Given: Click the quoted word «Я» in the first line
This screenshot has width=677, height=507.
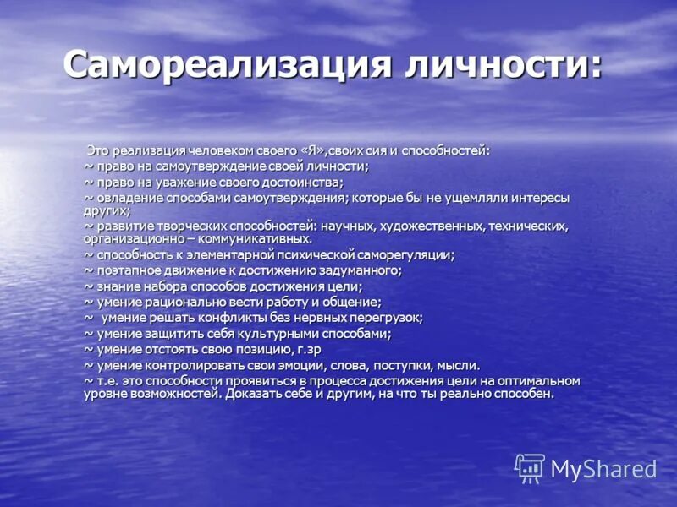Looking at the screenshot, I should (312, 150).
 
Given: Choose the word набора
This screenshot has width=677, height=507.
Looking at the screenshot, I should (165, 286).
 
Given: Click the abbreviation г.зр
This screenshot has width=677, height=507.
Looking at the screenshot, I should (307, 349).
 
